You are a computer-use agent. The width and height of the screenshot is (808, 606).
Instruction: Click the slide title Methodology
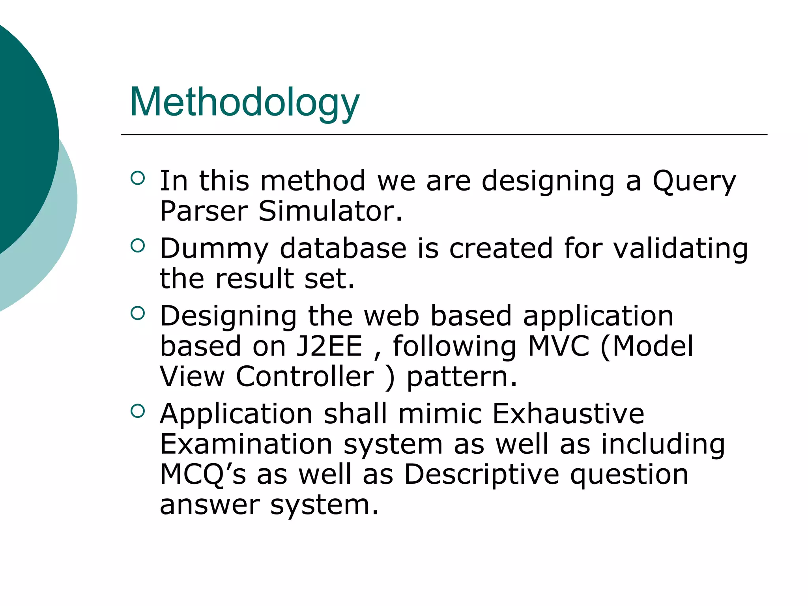tap(244, 103)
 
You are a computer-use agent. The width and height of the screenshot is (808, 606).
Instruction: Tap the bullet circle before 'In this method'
tap(138, 178)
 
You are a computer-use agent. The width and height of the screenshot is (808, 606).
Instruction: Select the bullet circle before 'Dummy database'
tap(138, 245)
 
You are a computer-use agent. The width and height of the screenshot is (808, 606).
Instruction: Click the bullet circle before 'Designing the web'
tap(138, 313)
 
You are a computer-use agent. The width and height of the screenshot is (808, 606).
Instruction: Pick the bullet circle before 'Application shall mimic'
tap(138, 411)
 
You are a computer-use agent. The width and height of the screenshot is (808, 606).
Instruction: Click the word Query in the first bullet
tap(694, 181)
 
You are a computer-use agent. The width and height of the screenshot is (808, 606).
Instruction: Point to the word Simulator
tap(330, 211)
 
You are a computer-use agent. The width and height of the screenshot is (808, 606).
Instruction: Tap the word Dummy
tap(214, 249)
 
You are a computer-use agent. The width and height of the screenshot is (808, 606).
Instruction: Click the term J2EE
tap(329, 346)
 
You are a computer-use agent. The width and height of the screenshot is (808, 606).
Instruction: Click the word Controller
tap(305, 376)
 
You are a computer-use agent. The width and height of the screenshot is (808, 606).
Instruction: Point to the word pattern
tap(461, 377)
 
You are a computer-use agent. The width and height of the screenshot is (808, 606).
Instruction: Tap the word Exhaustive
tap(568, 414)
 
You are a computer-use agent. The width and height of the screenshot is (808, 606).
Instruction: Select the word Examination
tap(246, 444)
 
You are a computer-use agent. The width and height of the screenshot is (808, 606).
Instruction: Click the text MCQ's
tap(203, 475)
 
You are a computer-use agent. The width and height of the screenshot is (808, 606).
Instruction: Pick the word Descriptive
tap(482, 475)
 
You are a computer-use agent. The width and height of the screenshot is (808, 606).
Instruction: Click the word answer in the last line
tap(209, 505)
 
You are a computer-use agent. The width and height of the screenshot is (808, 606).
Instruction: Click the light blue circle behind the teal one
tap(59, 237)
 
